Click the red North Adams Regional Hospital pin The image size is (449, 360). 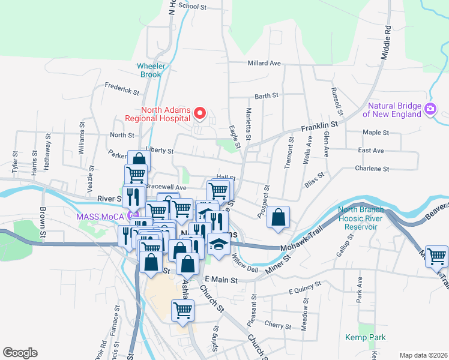[x=202, y=113]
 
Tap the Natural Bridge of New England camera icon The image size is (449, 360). [x=430, y=109]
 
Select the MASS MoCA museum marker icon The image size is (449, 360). [x=133, y=215]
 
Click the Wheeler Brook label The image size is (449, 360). [x=149, y=70]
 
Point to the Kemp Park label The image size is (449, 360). [x=365, y=338]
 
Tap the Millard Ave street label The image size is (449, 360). [x=264, y=63]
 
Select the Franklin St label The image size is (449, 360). [x=319, y=126]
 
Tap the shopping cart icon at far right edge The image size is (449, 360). [x=436, y=256]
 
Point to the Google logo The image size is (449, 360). [x=20, y=353]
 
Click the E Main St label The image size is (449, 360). [x=221, y=280]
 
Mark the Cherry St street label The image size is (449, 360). [x=277, y=326]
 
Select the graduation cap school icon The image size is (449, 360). [x=218, y=244]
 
